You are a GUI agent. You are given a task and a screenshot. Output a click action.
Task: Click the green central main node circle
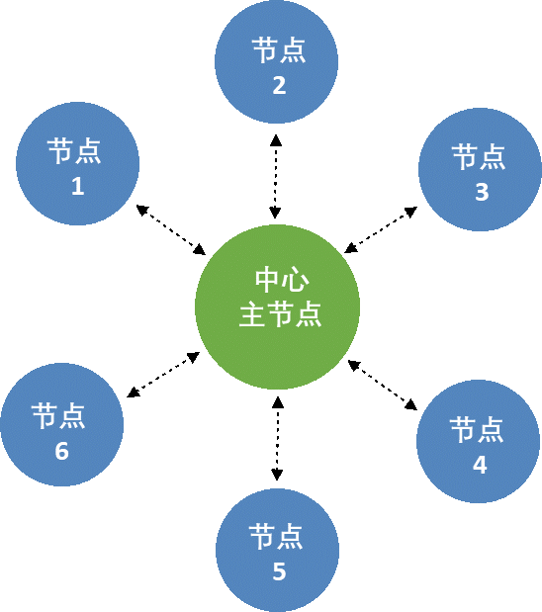277,306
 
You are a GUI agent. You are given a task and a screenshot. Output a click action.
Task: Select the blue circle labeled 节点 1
77,163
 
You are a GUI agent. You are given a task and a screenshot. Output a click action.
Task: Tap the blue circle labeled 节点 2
277,61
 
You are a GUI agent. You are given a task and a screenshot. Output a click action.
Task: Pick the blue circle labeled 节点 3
481,169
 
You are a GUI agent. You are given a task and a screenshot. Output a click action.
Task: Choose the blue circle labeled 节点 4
479,441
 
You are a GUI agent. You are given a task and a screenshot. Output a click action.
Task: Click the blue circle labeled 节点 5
277,551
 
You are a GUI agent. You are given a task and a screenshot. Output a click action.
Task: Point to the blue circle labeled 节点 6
62,425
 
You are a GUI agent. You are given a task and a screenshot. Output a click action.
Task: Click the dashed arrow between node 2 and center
276,176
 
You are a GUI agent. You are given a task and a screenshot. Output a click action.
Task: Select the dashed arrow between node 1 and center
171,230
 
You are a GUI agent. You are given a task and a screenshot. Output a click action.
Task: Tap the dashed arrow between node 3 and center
381,230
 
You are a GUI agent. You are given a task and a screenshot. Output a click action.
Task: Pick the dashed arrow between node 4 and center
383,386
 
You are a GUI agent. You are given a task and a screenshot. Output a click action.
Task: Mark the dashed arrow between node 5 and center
277,438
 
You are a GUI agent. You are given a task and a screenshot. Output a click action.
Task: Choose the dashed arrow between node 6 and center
163,375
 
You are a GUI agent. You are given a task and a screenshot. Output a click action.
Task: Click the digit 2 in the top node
279,85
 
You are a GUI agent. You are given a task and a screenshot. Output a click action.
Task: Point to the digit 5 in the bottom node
279,571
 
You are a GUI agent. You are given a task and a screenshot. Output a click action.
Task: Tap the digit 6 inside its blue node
61,451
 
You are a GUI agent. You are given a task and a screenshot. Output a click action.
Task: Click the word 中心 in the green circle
282,280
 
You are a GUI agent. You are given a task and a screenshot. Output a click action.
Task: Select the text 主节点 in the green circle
280,314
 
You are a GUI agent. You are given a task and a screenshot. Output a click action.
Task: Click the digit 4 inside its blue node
480,465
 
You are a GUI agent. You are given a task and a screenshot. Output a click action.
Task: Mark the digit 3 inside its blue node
482,192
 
